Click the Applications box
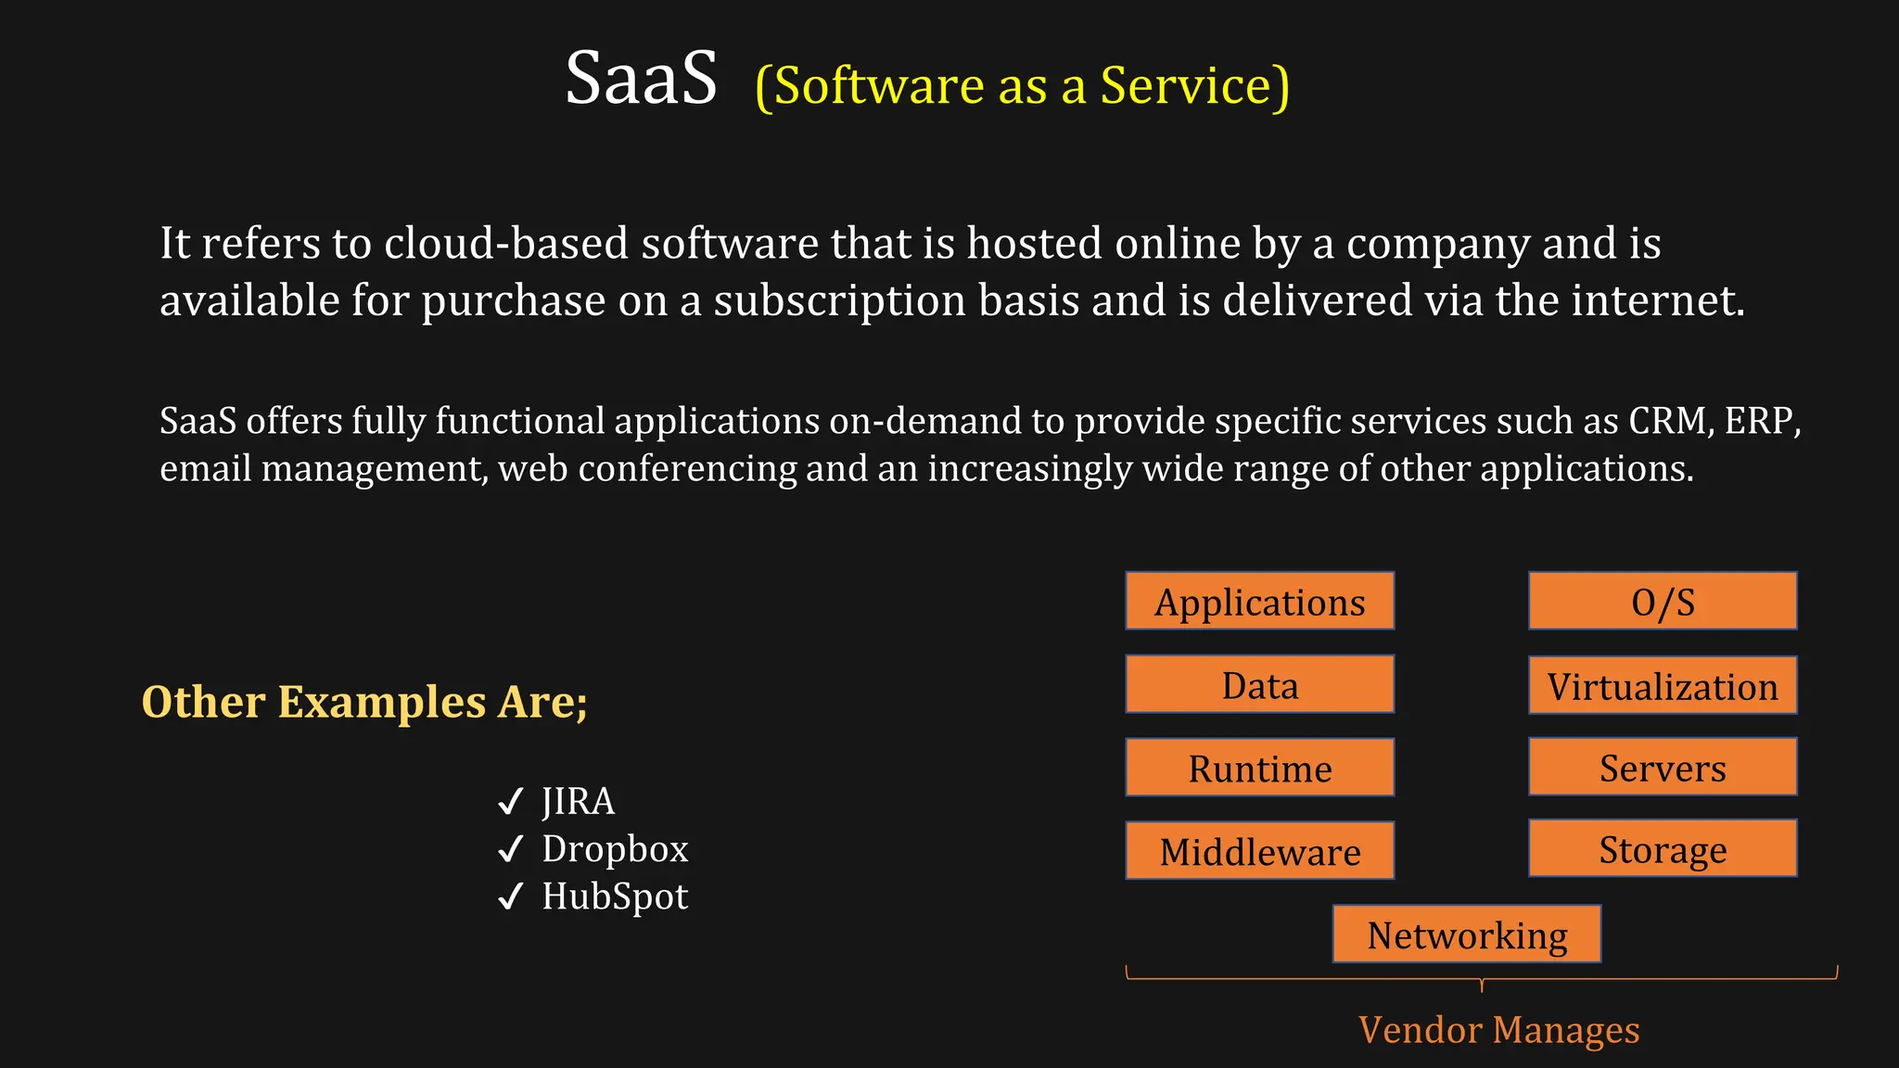pos(1259,602)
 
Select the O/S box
pos(1663,602)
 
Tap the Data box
pos(1259,685)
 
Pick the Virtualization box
pos(1663,686)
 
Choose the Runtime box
pos(1259,768)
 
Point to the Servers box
pos(1663,768)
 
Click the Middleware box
pos(1259,851)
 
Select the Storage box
pos(1663,848)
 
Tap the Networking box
pos(1466,934)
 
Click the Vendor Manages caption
pos(1498,1030)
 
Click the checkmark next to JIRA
pos(511,801)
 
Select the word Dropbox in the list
pos(615,849)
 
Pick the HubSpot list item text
pos(615,896)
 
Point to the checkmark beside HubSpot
pos(511,896)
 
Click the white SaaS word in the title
pos(641,78)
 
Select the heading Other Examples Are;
pos(364,702)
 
